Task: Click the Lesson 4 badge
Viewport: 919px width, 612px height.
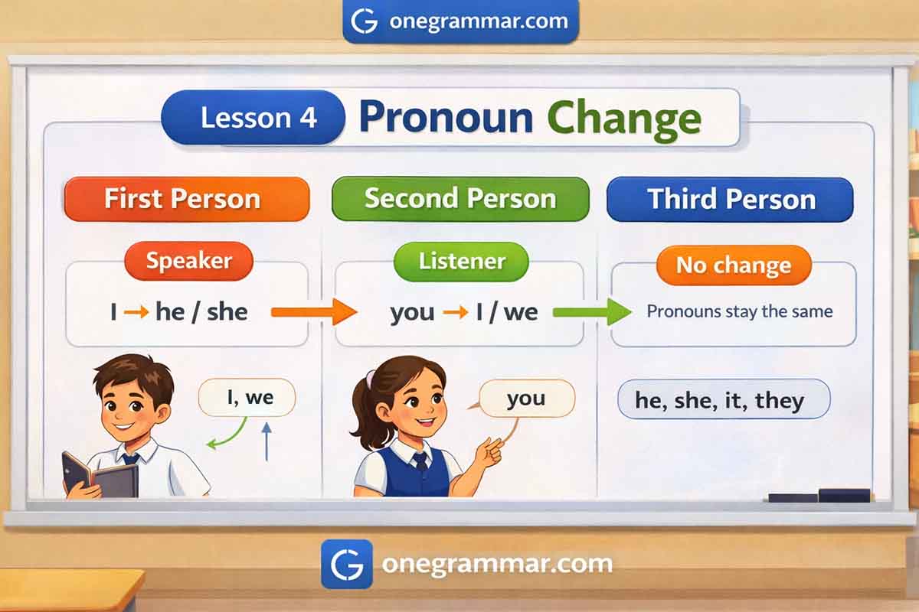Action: (253, 118)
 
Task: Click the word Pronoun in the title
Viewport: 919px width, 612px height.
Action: (446, 118)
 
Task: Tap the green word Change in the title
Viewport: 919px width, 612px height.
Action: (624, 120)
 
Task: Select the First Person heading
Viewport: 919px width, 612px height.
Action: (187, 199)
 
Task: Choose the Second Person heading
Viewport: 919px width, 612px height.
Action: (460, 199)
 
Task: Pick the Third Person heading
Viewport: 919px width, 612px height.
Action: (730, 200)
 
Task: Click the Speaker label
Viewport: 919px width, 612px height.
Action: (188, 261)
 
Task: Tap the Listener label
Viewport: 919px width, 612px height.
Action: (461, 262)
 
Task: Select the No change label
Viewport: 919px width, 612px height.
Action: (734, 265)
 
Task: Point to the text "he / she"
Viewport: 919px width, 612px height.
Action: (201, 312)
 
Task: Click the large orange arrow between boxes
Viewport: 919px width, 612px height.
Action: (314, 312)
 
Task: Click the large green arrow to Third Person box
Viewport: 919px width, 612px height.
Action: (592, 312)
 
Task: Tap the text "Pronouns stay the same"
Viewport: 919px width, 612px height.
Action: (740, 311)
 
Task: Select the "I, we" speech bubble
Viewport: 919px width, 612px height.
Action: (247, 398)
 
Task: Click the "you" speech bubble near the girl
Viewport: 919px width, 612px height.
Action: (527, 399)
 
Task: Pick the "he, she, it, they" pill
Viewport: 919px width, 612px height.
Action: (724, 399)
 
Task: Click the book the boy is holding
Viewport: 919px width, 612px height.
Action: (100, 477)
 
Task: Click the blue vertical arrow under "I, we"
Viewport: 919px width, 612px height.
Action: (267, 442)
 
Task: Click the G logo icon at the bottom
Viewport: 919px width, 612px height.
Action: (347, 564)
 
